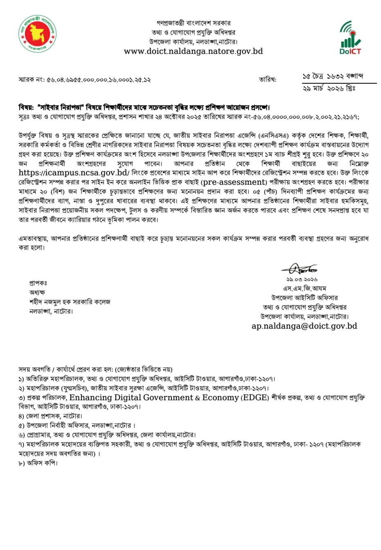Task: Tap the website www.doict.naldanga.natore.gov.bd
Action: (x=193, y=52)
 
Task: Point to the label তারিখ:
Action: (x=267, y=79)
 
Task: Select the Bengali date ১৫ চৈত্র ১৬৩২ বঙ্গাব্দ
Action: (x=333, y=76)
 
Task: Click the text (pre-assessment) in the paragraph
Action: (x=233, y=182)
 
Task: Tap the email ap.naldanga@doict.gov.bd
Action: (x=304, y=326)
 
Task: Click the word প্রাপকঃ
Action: (x=38, y=283)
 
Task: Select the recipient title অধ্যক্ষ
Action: (x=37, y=292)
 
